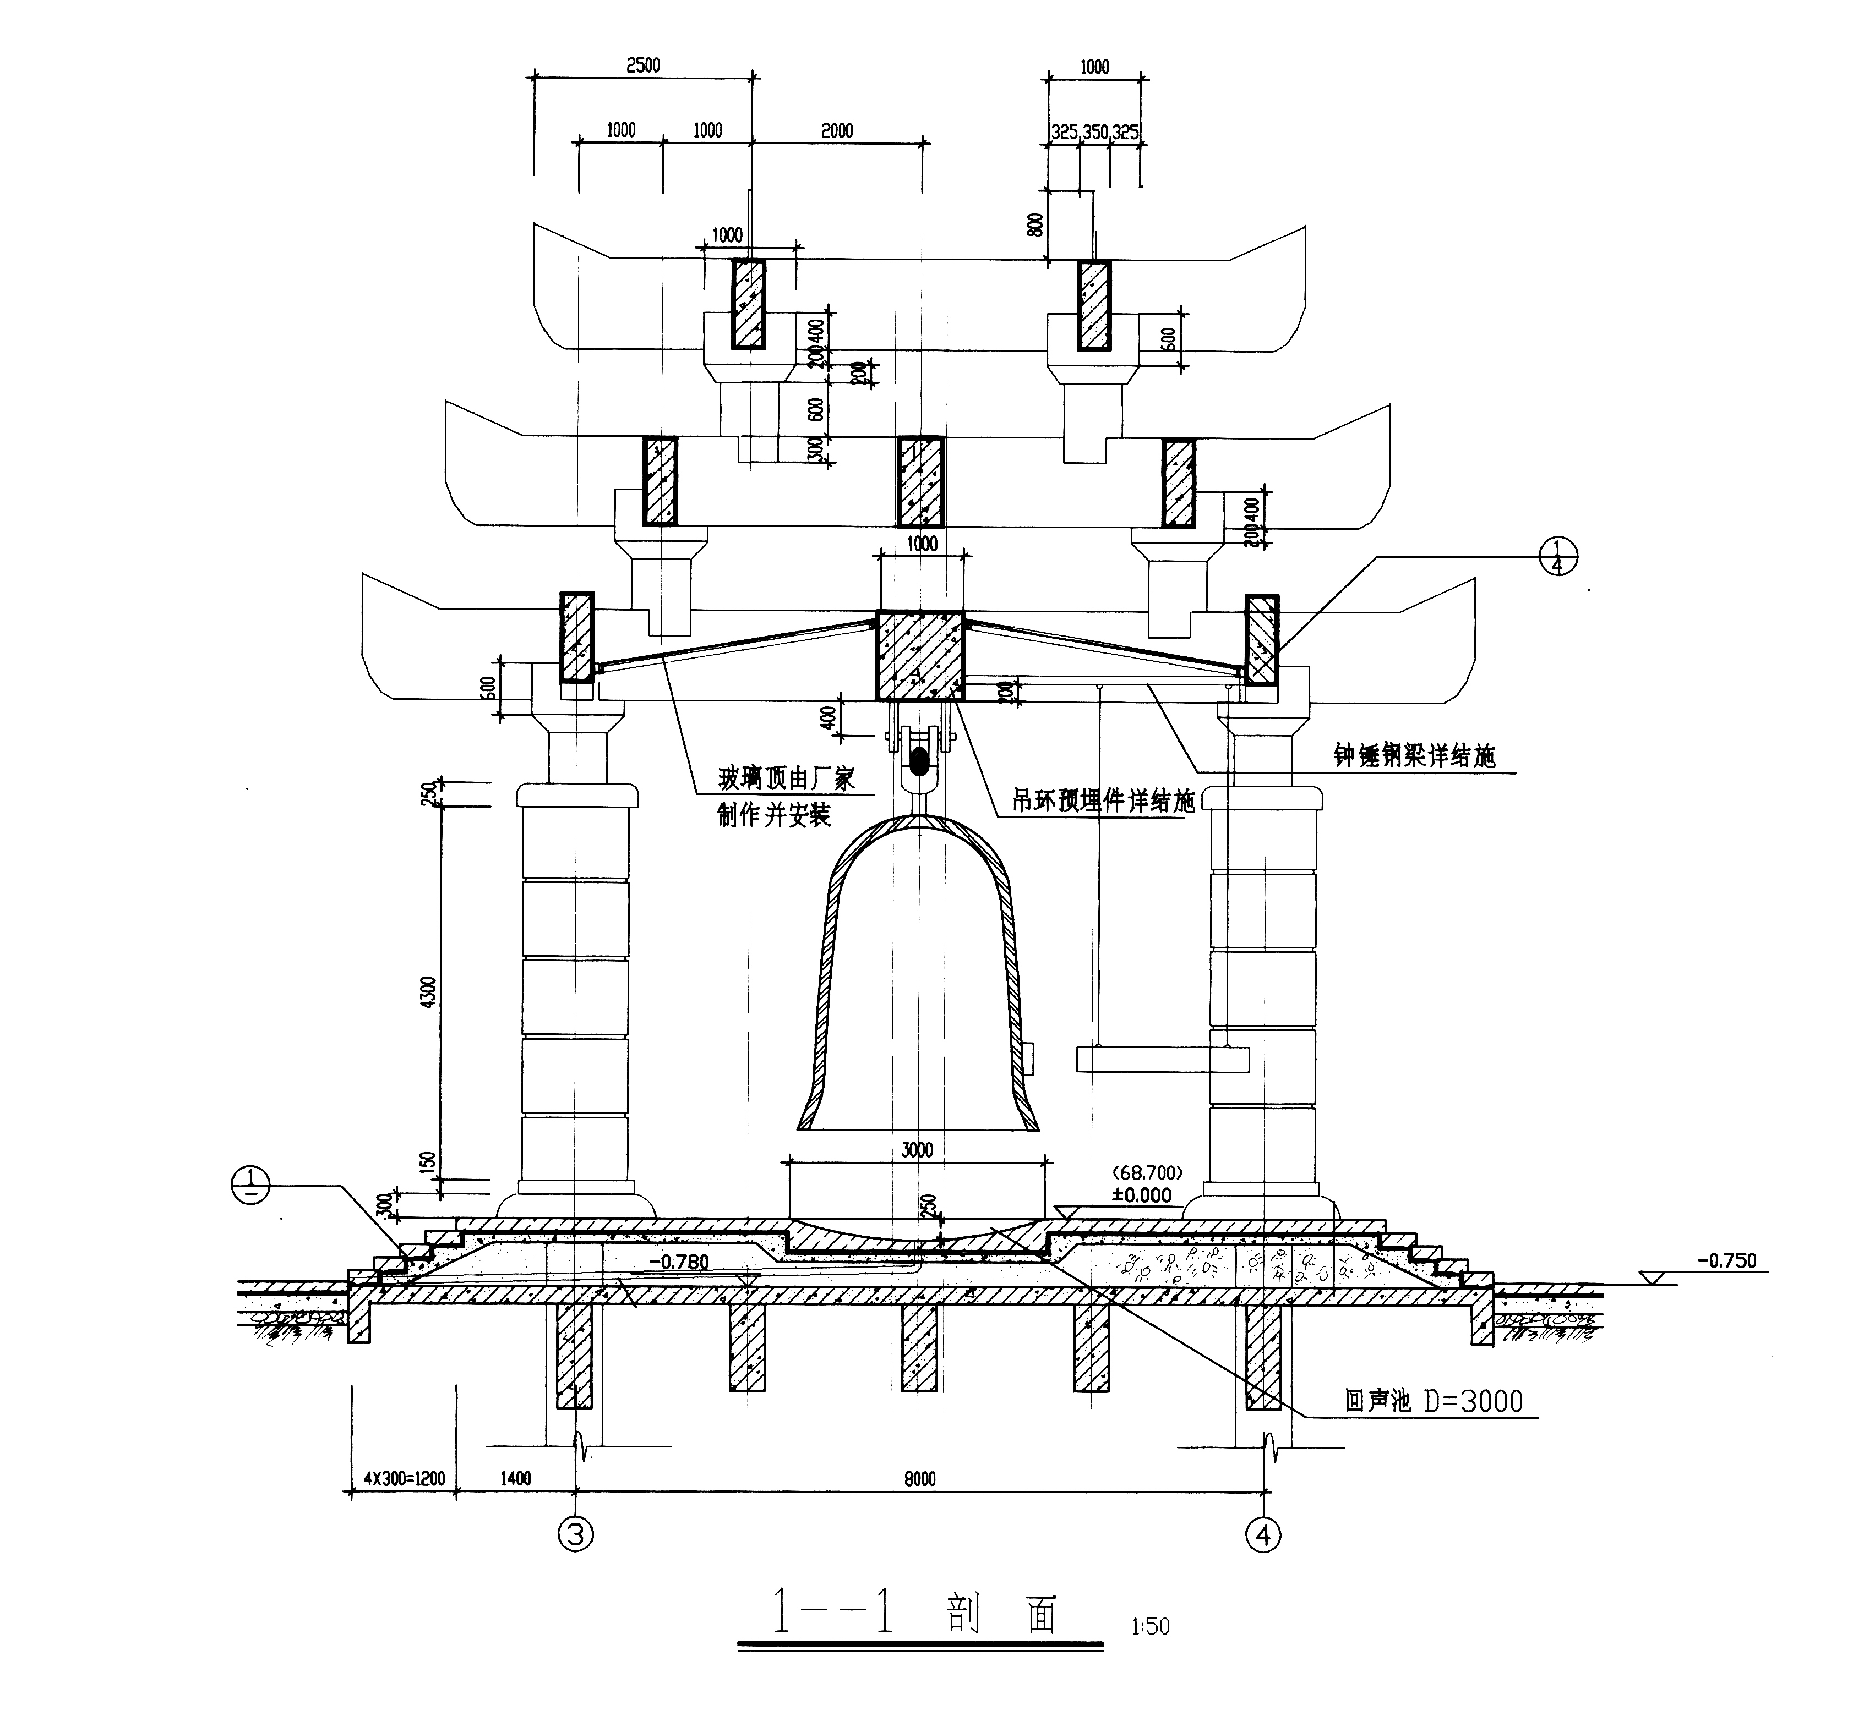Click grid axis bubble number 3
[x=576, y=1534]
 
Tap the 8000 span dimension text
[x=920, y=1479]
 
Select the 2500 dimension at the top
[x=643, y=65]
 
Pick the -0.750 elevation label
[x=1726, y=1260]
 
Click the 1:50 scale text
[x=1151, y=1627]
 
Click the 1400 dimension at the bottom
[x=515, y=1479]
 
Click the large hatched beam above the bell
[x=919, y=655]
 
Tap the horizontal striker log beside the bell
[x=1163, y=1059]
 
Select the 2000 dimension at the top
[x=837, y=131]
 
